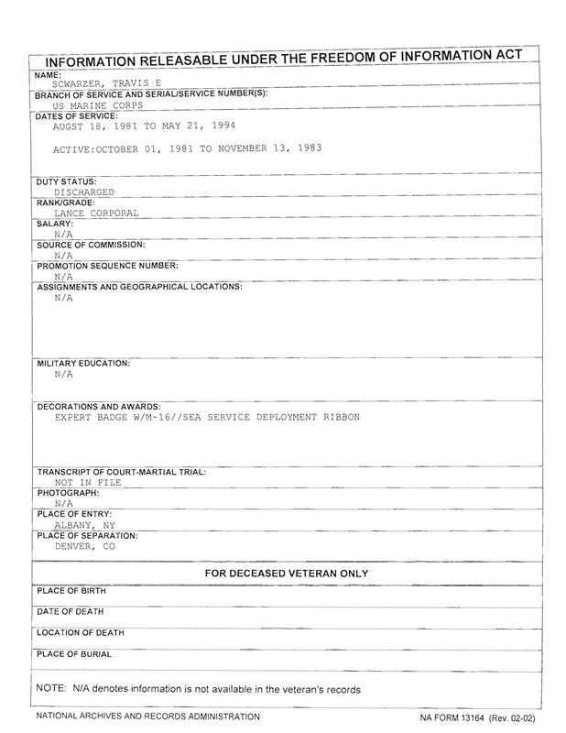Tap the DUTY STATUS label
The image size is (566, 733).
pyautogui.click(x=67, y=181)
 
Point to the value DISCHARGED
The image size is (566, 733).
pyautogui.click(x=84, y=192)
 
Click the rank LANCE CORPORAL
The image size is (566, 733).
pyautogui.click(x=96, y=213)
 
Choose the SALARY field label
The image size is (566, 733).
pyautogui.click(x=54, y=224)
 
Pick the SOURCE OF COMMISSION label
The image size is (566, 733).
pyautogui.click(x=91, y=245)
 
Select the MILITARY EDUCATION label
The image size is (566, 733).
pyautogui.click(x=83, y=364)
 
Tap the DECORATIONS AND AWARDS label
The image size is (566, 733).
pyautogui.click(x=99, y=406)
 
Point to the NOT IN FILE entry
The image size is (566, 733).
pyautogui.click(x=88, y=482)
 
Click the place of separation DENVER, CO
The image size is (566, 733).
pyautogui.click(x=85, y=545)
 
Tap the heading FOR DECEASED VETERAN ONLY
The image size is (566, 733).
pyautogui.click(x=286, y=574)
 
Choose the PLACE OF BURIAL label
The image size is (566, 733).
pyautogui.click(x=74, y=654)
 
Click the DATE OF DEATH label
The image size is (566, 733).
pyautogui.click(x=71, y=611)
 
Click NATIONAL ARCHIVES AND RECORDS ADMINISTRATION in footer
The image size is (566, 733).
pyautogui.click(x=147, y=717)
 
